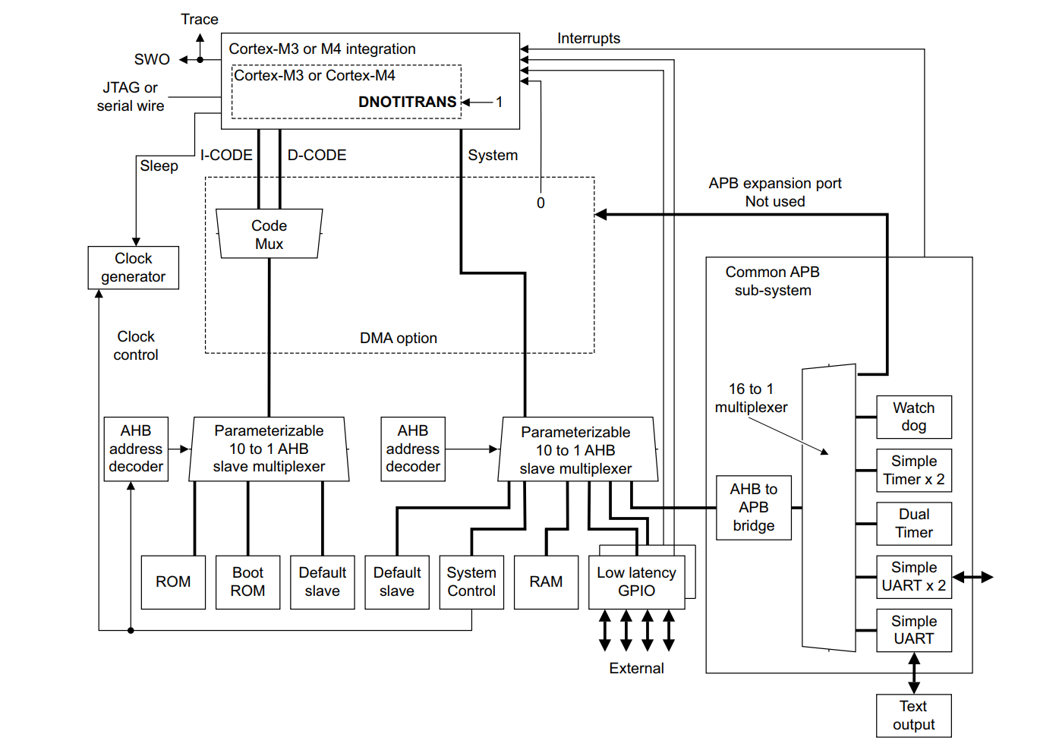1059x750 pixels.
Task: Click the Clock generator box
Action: point(134,267)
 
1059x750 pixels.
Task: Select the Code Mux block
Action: point(269,235)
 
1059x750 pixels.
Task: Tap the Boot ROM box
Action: point(248,582)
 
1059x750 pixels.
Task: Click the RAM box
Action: point(546,582)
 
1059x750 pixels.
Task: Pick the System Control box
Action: point(471,582)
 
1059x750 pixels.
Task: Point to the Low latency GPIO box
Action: point(636,582)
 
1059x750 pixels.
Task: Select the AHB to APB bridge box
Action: point(754,507)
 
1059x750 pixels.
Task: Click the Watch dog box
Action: point(914,417)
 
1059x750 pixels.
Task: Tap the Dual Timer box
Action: point(914,523)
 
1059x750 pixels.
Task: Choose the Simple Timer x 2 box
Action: point(914,470)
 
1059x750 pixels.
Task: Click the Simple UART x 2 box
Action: point(914,577)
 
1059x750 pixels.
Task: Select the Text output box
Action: point(914,715)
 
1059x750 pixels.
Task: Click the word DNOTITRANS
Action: point(407,102)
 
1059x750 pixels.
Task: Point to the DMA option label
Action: point(399,339)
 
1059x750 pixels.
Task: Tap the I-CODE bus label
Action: point(226,156)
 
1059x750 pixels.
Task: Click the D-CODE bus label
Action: point(317,156)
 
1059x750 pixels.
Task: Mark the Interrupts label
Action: point(588,39)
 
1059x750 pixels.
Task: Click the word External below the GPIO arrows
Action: point(636,669)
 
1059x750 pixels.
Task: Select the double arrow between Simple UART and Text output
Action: point(914,673)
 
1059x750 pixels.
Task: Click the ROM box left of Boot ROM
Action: point(173,582)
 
